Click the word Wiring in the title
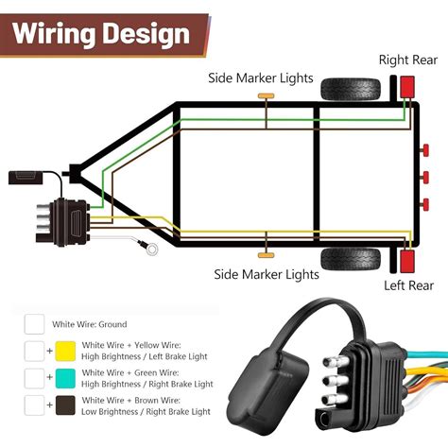pos(53,35)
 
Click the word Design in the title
pos(142,35)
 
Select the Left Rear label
pos(407,284)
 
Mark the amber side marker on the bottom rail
pos(267,251)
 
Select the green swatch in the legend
pos(65,381)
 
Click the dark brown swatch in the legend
pos(65,408)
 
